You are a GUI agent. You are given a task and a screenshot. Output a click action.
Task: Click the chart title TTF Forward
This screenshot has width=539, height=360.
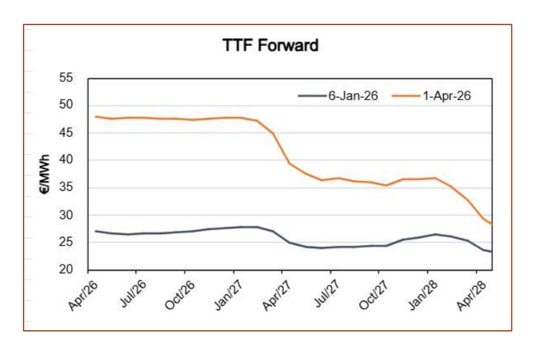point(270,46)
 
